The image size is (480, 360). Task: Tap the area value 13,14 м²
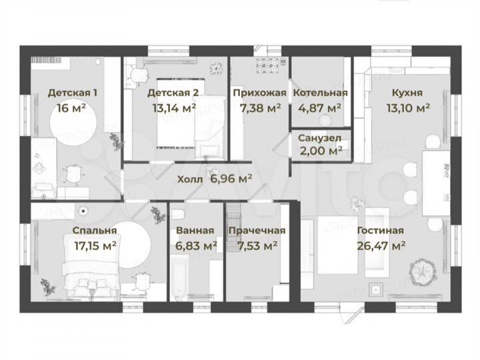pos(171,106)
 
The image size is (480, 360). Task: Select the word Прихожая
pos(259,93)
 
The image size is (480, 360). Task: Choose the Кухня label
pos(407,93)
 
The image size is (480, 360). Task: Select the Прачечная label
pos(257,231)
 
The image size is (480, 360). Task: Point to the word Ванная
pos(195,231)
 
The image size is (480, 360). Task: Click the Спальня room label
pos(95,231)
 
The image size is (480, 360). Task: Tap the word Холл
pos(191,179)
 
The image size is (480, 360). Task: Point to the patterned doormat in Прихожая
pos(271,65)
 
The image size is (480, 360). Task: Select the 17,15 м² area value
pos(95,245)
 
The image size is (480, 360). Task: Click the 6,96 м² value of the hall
pos(231,179)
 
